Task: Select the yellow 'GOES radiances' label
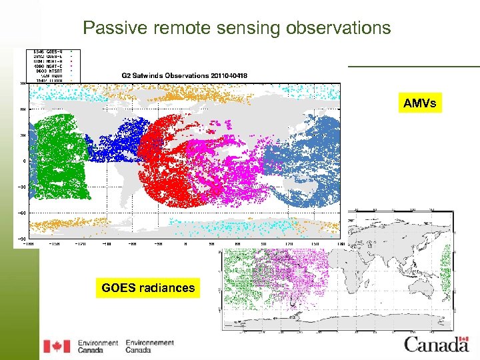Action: (x=148, y=288)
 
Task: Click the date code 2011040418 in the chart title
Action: (x=229, y=75)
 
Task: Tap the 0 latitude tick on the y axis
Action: (x=23, y=161)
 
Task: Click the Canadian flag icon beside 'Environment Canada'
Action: (x=57, y=346)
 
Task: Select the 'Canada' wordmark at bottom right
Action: (x=436, y=345)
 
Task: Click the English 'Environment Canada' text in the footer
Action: (x=98, y=346)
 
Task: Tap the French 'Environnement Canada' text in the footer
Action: (x=149, y=346)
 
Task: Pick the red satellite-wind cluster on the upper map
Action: (x=167, y=160)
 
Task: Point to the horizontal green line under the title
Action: (x=413, y=66)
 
